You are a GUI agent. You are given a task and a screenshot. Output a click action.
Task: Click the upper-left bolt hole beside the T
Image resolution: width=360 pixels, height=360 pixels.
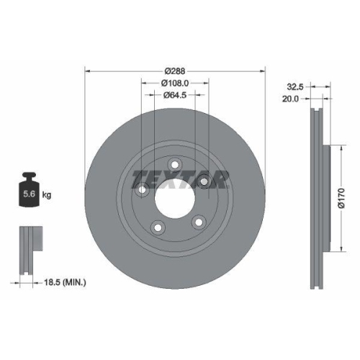[143, 191]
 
